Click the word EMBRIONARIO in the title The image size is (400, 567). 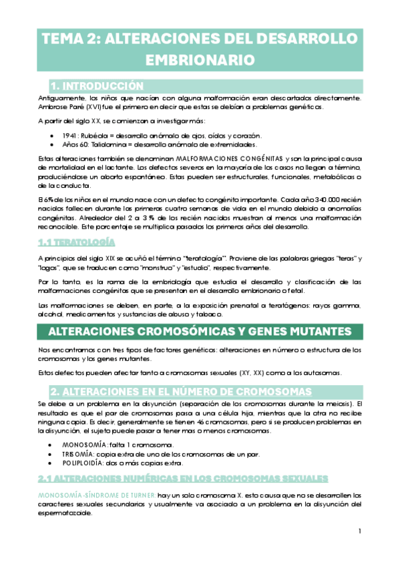coord(200,60)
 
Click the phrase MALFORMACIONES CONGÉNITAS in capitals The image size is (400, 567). coord(206,158)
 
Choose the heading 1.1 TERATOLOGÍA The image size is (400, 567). coord(77,241)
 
